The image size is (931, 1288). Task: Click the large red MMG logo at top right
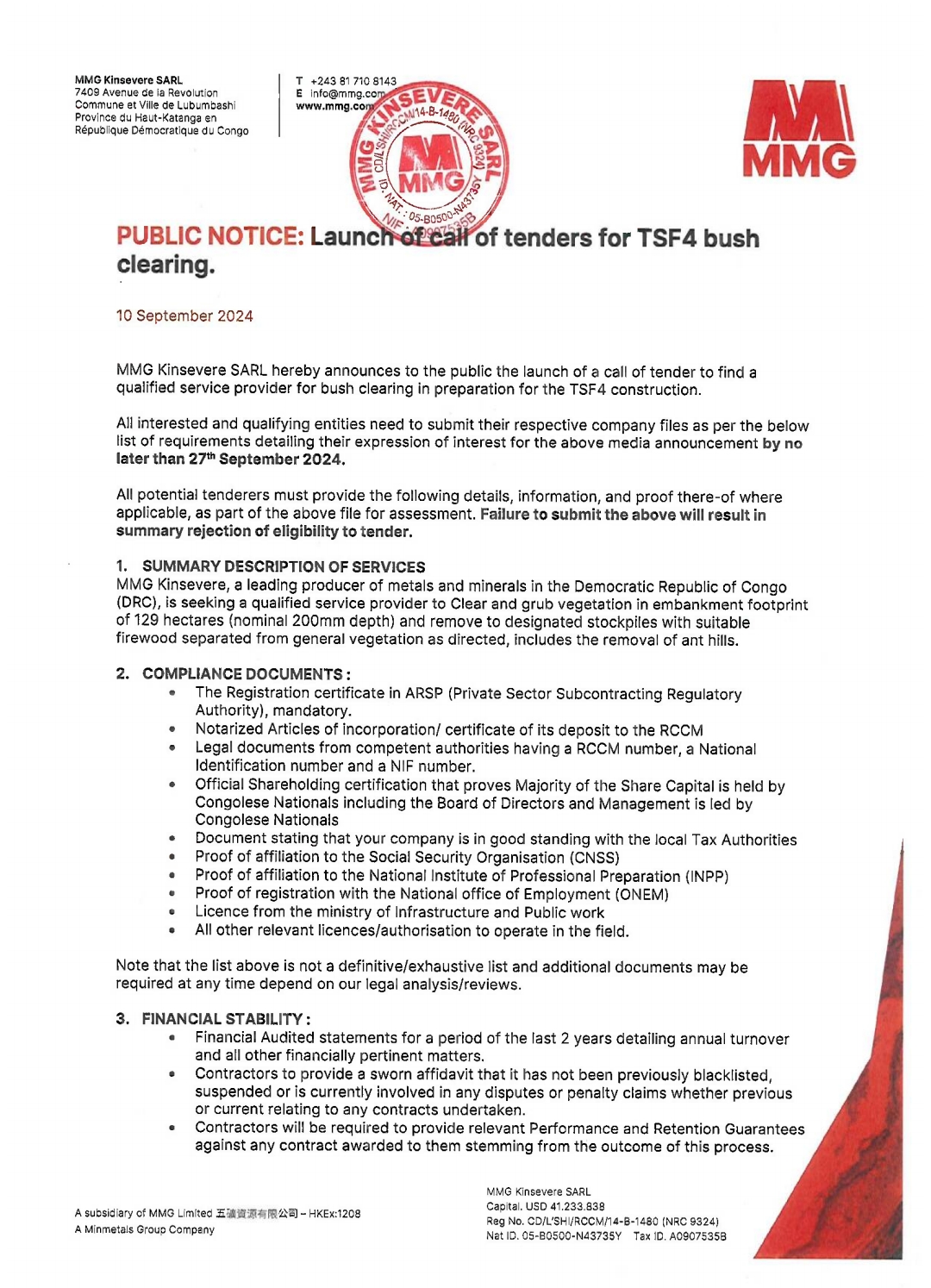click(x=799, y=129)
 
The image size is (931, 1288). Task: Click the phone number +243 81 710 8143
click(x=353, y=81)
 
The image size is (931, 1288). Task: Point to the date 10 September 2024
click(x=184, y=316)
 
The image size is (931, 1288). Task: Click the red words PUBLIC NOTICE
click(x=210, y=236)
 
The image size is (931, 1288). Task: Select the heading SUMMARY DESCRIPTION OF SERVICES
click(x=284, y=566)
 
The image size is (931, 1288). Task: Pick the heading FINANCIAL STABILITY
click(x=222, y=1019)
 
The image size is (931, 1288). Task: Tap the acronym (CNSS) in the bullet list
click(x=594, y=858)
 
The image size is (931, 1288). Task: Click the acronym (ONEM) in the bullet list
click(x=642, y=894)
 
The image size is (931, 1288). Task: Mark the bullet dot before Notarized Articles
click(x=172, y=729)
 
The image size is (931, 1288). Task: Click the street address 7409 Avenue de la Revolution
click(x=147, y=93)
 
